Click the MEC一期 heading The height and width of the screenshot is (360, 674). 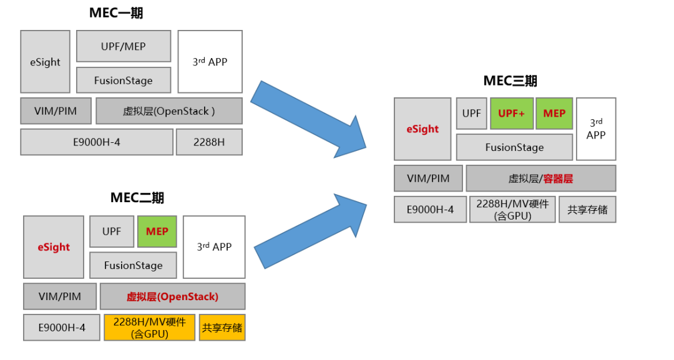[117, 13]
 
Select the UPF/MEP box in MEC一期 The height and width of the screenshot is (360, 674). [124, 46]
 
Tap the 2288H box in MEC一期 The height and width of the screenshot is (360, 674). [209, 142]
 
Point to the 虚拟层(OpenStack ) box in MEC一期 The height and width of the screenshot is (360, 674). [169, 111]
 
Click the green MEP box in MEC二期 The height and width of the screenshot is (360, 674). [157, 231]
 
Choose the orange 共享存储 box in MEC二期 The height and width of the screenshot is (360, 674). [222, 328]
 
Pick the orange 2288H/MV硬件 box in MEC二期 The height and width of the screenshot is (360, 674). [150, 328]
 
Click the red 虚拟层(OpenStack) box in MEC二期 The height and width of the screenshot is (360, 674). [172, 296]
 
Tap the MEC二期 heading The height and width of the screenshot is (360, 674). [137, 198]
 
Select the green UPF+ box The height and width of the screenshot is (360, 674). [512, 114]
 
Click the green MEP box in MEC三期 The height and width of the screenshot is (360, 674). [554, 114]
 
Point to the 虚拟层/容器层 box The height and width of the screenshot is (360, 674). [540, 178]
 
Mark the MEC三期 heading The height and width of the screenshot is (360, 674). [510, 80]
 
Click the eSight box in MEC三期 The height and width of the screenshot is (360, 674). [422, 129]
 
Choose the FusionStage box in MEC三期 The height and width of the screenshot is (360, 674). [514, 147]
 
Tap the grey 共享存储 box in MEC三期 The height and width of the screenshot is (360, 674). [587, 210]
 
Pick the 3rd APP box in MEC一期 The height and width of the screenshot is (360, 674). [210, 62]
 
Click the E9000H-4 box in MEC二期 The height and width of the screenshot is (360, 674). [62, 328]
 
